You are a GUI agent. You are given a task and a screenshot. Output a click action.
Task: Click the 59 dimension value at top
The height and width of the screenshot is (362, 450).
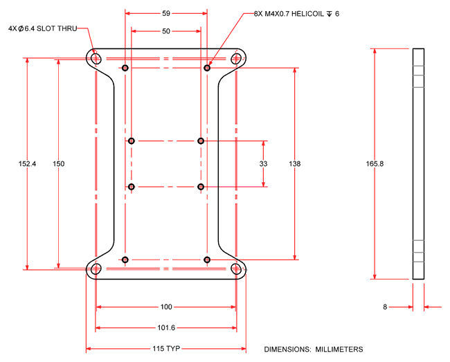pos(166,13)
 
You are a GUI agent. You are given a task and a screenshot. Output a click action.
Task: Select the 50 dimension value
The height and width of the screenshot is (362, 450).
pos(166,31)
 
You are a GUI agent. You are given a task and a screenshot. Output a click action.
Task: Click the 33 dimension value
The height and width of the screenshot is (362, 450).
pos(264,164)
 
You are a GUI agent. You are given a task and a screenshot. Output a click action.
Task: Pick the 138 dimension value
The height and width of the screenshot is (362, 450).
pos(295,164)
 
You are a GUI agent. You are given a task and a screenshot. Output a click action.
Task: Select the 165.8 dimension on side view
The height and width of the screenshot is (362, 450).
pos(375,164)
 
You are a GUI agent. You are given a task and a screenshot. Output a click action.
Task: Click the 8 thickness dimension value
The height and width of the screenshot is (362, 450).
pos(386,306)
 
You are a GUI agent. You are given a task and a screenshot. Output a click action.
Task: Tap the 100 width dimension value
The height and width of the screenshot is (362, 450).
pos(166,307)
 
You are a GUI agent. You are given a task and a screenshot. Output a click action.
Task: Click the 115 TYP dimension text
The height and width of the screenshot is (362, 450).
pos(166,349)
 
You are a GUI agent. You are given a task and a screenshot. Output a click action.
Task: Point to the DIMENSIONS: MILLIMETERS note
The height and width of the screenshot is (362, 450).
pos(314,349)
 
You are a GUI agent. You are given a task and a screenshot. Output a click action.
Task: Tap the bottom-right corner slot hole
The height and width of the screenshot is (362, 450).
pos(237,269)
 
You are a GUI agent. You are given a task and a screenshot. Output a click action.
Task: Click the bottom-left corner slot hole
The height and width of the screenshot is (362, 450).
pos(96,269)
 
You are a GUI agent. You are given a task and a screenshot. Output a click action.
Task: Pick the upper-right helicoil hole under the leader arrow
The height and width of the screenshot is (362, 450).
pos(207,68)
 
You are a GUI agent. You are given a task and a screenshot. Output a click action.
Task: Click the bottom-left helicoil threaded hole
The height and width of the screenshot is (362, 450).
pos(125,260)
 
